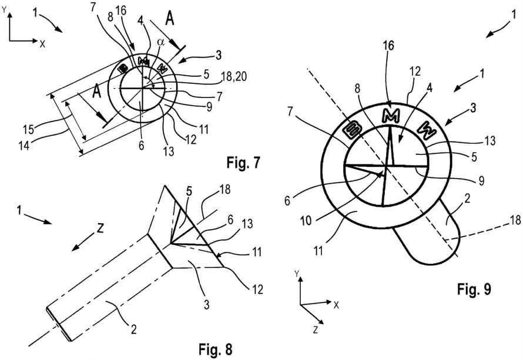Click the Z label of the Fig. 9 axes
(316, 329)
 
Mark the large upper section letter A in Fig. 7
(170, 20)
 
